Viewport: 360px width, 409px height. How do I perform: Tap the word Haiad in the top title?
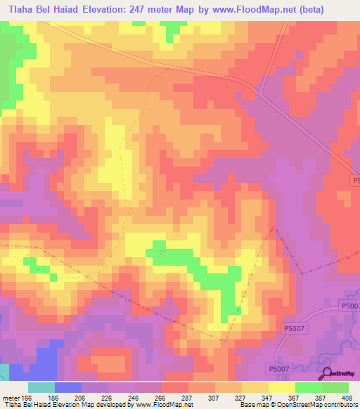[87, 9]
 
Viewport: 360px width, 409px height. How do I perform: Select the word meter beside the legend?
[11, 398]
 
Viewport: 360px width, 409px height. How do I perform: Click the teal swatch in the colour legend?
[41, 387]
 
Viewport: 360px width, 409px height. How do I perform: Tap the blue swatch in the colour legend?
[67, 387]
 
